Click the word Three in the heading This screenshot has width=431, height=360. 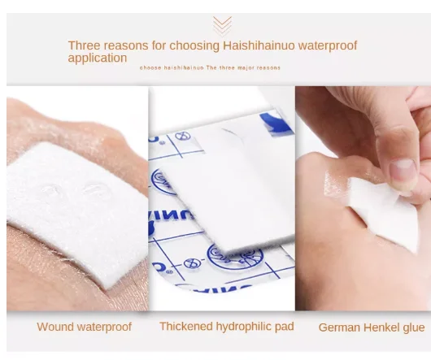[x=85, y=46]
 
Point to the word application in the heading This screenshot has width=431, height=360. [x=97, y=58]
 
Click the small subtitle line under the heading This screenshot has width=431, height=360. [x=210, y=67]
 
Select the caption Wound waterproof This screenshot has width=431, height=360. [x=84, y=327]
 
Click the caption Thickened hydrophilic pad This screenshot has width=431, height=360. [x=227, y=326]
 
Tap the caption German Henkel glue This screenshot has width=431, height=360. [x=372, y=327]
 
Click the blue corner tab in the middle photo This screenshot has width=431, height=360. [x=276, y=124]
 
